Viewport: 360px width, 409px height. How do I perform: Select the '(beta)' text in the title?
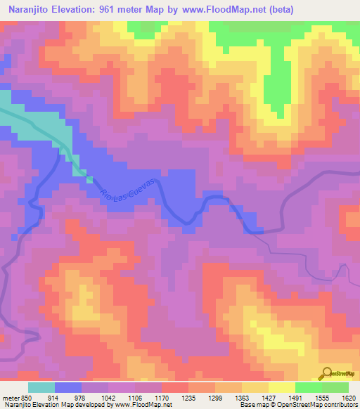pos(276,10)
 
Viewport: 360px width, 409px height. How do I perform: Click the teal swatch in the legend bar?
pos(41,387)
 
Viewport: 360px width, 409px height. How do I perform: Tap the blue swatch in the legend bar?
pos(68,387)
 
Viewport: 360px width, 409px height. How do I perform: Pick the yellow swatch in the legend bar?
pos(282,387)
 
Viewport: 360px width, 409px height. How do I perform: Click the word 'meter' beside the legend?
pos(11,397)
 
